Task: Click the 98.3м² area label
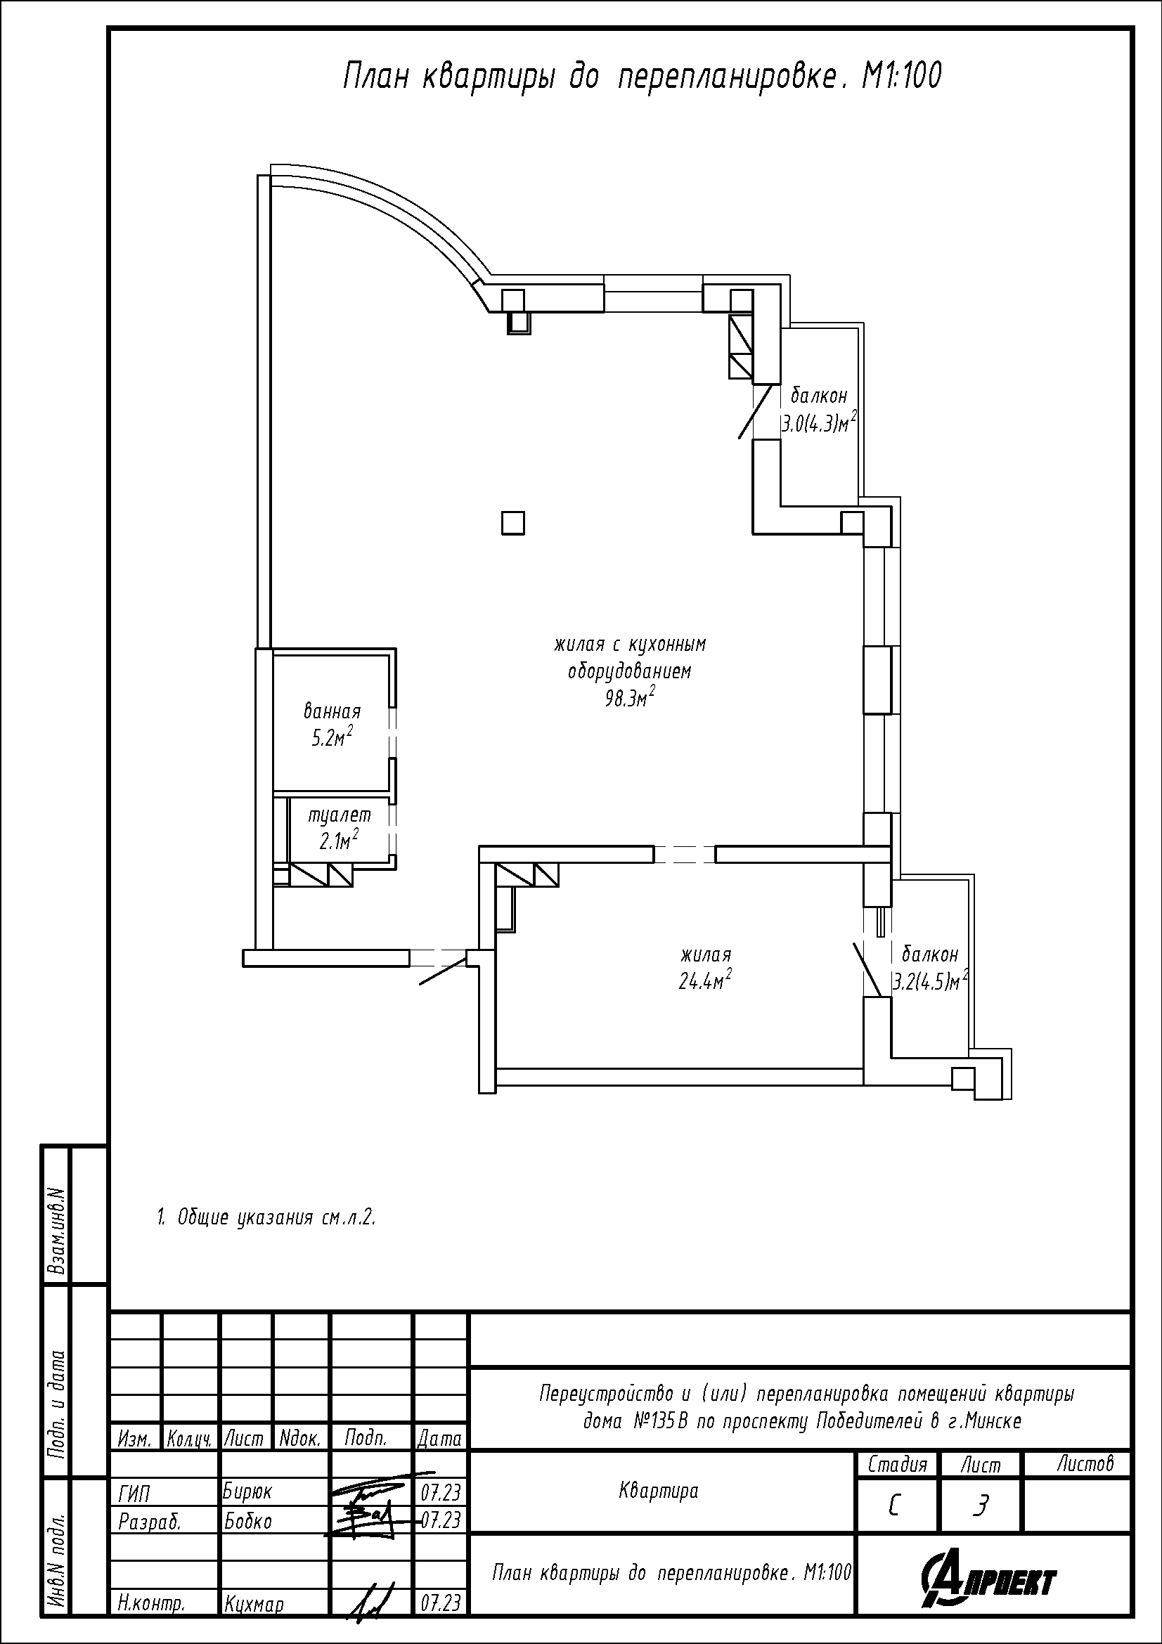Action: [630, 697]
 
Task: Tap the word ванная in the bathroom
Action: [333, 712]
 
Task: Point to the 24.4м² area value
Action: [705, 979]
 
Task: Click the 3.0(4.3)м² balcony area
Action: [820, 422]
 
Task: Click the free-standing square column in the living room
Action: [512, 523]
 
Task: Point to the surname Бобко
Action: [247, 1520]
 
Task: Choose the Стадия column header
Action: [897, 1463]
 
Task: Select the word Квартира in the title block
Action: [658, 1491]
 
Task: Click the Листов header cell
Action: [1085, 1463]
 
